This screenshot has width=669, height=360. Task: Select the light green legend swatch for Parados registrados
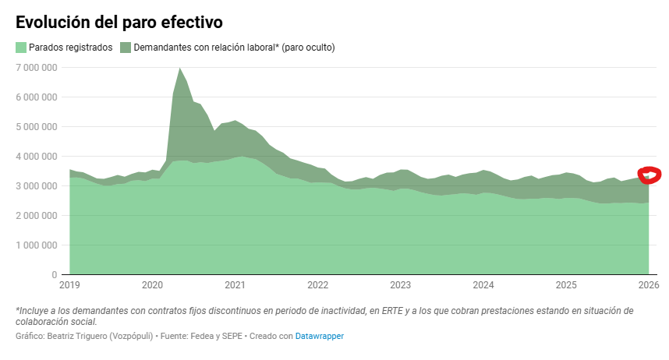point(21,48)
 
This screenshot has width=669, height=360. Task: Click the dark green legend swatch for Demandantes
point(126,48)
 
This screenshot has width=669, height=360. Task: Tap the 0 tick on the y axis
point(54,274)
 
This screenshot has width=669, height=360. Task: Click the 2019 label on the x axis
point(69,285)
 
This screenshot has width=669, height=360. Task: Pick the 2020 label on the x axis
point(152,285)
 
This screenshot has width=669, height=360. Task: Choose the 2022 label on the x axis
point(318,285)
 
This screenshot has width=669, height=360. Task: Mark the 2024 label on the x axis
point(483,285)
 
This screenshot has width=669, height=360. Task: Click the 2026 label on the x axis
point(648,285)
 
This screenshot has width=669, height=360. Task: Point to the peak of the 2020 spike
point(180,69)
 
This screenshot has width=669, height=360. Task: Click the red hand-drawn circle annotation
point(649,175)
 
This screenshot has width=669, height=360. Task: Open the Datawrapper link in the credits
point(319,336)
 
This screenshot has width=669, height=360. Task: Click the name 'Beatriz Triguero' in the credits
point(77,336)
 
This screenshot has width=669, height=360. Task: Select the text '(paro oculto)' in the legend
point(308,48)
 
